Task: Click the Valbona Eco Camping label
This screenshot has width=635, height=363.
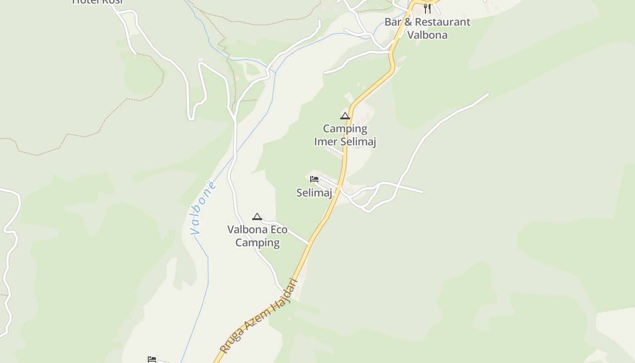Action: point(257,236)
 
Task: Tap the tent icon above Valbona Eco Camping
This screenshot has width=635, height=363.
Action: point(257,217)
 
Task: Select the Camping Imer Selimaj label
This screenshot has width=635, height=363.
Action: point(345,135)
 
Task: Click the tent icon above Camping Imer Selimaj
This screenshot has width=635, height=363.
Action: point(345,116)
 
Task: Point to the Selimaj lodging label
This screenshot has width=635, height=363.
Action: point(314,192)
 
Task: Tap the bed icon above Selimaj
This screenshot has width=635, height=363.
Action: point(314,179)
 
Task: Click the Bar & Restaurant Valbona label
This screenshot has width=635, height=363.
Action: point(427,28)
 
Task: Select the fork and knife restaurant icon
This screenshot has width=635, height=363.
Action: point(427,8)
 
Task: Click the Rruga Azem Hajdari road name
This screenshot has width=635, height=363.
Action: point(259,316)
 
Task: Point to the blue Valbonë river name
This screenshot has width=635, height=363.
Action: point(203,208)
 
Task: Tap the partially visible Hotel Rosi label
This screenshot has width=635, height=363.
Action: point(98,2)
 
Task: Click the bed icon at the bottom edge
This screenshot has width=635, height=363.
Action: point(152,359)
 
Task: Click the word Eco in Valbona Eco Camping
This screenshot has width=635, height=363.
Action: point(279,230)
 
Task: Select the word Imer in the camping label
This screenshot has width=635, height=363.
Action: point(326,142)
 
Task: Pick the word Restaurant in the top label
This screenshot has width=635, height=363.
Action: point(442,22)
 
